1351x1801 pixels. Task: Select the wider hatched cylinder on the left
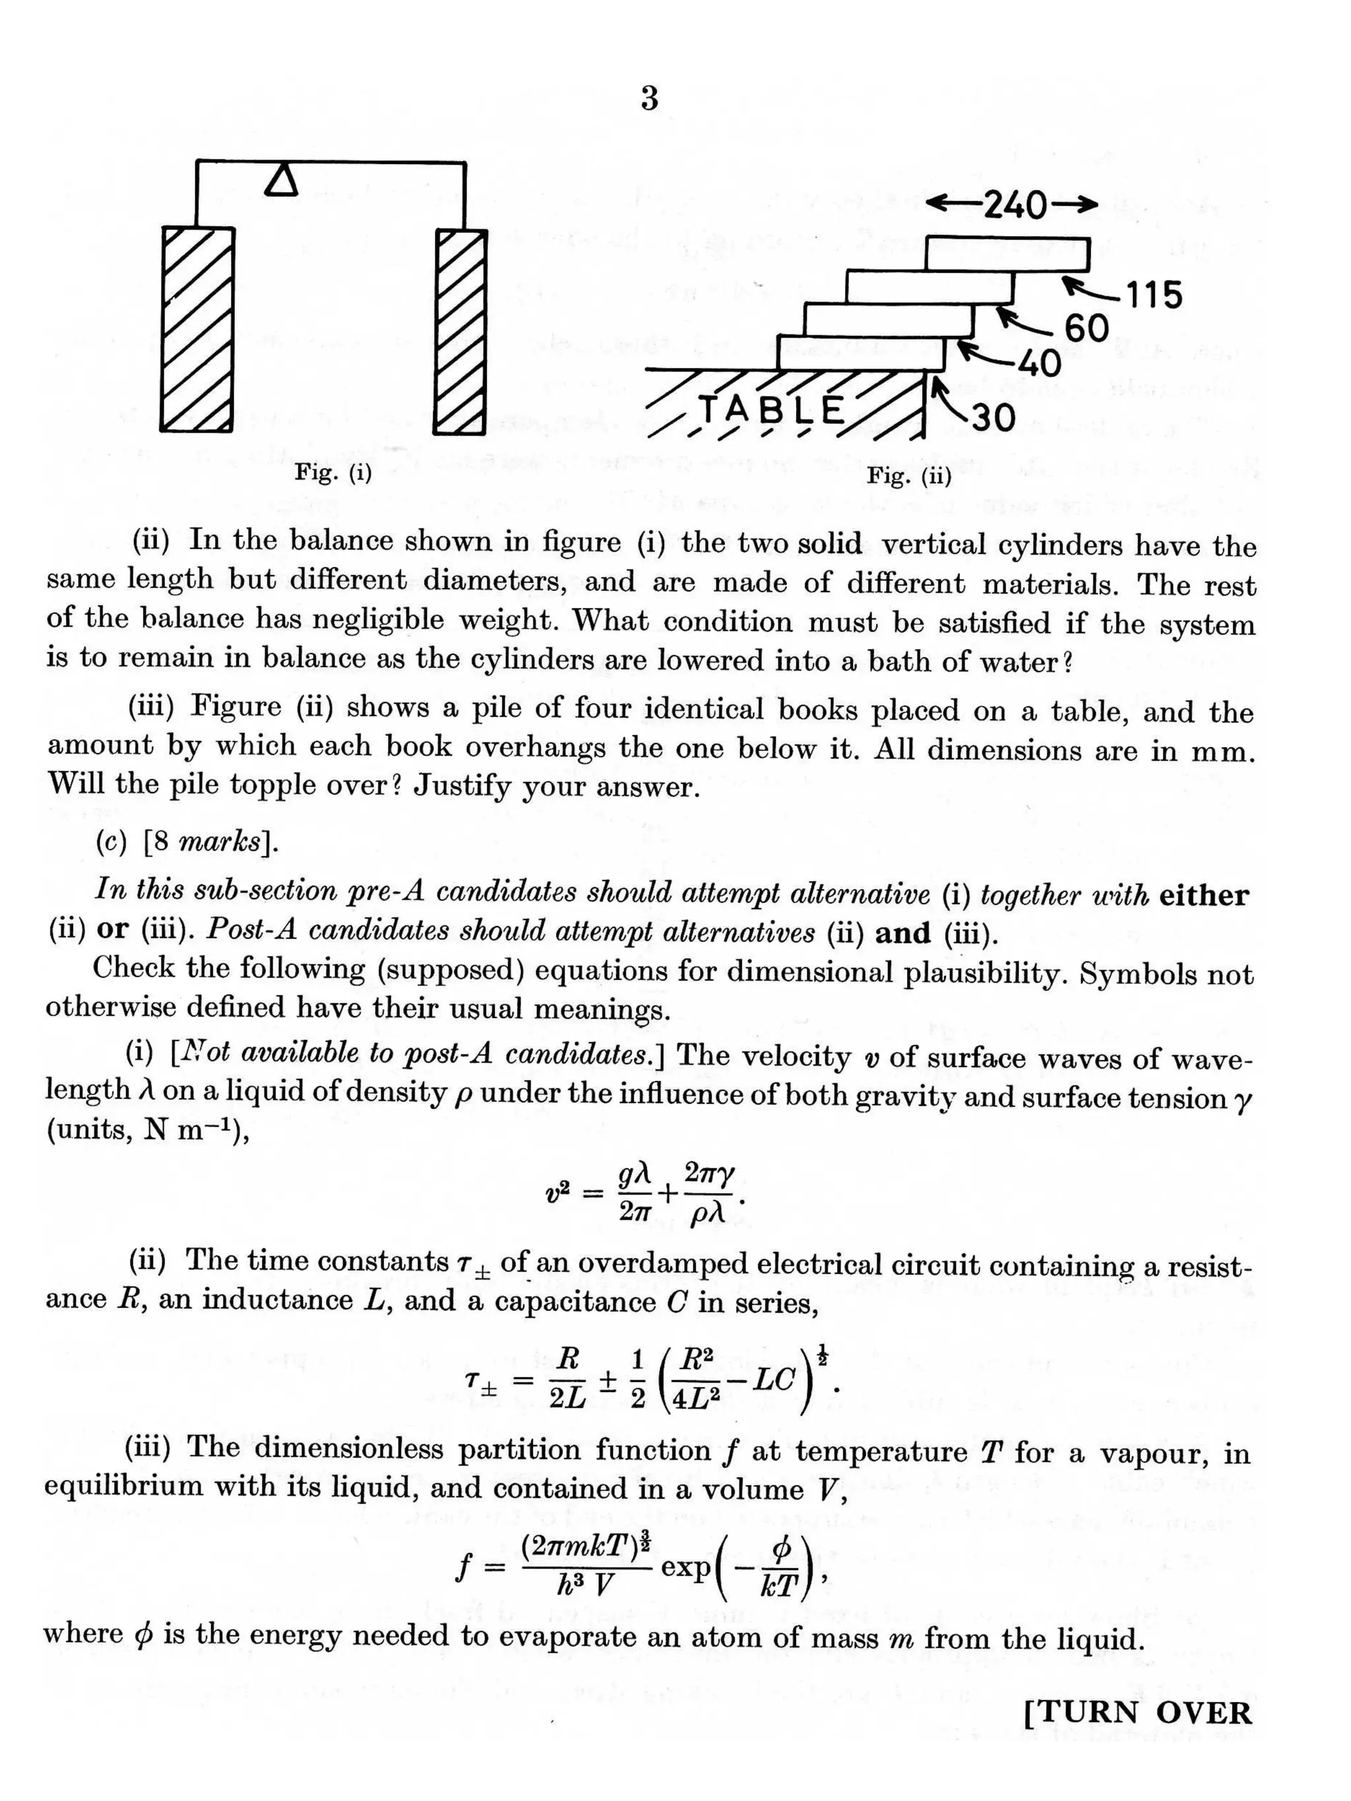click(x=198, y=329)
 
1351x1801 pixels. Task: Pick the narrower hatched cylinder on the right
click(x=462, y=332)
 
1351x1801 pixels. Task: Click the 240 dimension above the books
click(x=1013, y=205)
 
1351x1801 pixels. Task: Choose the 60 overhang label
click(x=1086, y=328)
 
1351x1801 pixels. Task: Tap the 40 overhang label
click(x=1038, y=363)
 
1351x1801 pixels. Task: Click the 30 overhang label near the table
click(x=992, y=417)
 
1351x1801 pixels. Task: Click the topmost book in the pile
click(x=1007, y=254)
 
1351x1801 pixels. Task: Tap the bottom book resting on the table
click(x=860, y=353)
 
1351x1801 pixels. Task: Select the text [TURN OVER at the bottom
click(x=1137, y=1712)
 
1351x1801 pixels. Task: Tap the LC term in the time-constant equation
click(x=770, y=1380)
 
